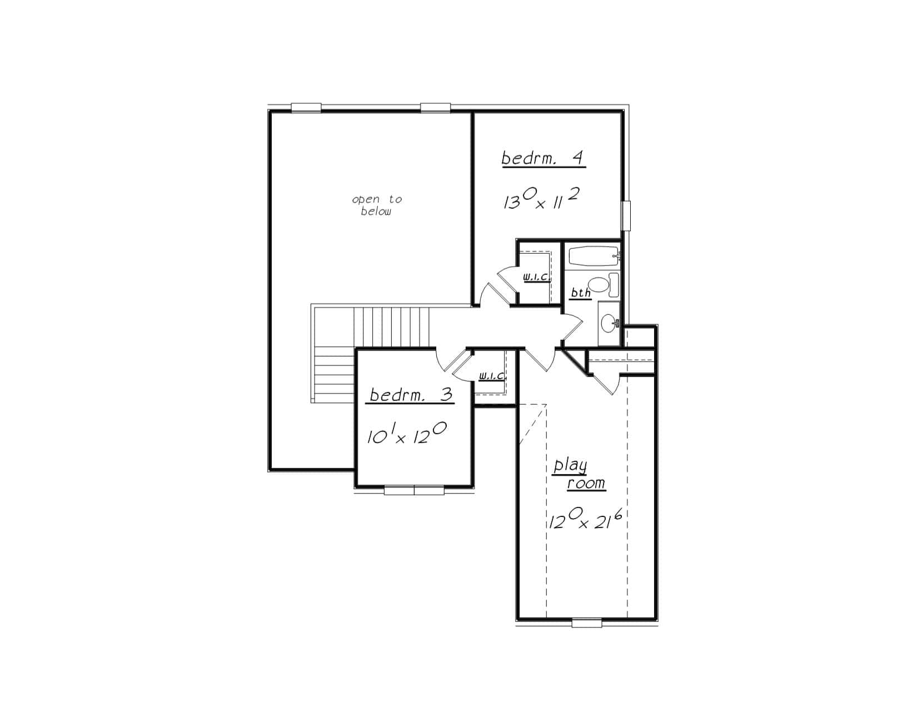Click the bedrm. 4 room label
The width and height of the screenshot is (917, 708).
pos(543,158)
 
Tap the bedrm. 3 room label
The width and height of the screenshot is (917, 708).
pos(410,395)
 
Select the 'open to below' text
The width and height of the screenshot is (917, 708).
pos(376,205)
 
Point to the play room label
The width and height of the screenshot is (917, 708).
pos(579,474)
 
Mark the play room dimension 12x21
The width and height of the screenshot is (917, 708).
pos(585,518)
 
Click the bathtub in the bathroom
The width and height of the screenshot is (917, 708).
pos(593,257)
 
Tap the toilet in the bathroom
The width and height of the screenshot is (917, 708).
pos(604,285)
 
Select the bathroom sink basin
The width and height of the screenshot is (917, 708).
pos(610,324)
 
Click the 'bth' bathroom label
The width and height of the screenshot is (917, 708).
pos(581,293)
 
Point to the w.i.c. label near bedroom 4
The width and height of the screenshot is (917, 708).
pos(536,278)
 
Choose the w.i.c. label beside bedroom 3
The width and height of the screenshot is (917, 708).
pos(491,376)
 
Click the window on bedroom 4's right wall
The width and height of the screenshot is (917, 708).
pos(626,216)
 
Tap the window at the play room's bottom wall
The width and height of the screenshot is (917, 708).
pos(586,623)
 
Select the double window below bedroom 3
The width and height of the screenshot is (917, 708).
pos(414,490)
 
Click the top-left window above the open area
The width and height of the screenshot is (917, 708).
pos(306,108)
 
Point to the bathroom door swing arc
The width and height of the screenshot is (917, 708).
pos(572,325)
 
